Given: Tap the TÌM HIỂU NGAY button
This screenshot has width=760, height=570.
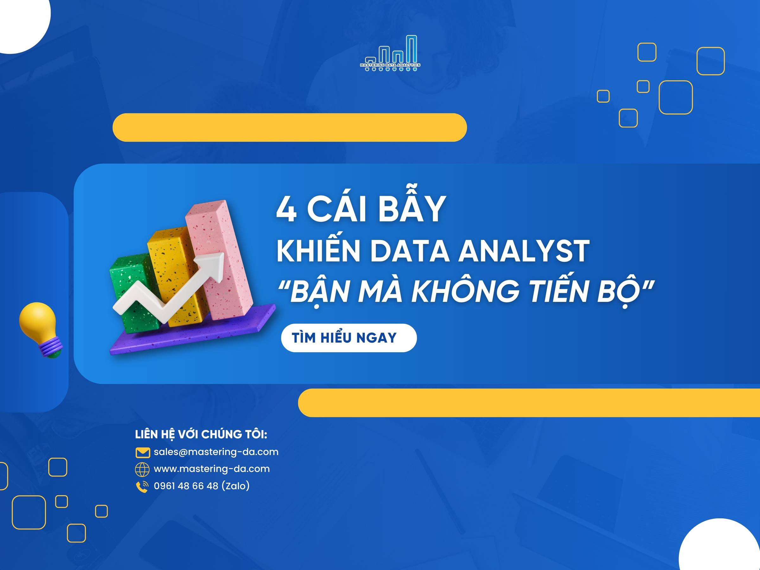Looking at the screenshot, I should pos(348,338).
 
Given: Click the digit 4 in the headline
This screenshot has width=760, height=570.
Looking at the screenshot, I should pos(286,210).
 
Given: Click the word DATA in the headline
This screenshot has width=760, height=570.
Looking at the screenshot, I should pos(409,251).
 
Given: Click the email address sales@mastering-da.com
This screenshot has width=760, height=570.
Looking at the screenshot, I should pos(216,452).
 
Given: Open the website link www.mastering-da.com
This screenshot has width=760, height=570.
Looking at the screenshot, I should pos(212,469).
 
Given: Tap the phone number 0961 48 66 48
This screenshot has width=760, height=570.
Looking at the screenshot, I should pos(186,486).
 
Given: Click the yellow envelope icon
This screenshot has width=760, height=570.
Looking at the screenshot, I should pos(142,453).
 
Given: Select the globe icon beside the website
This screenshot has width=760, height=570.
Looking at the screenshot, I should pos(142,469).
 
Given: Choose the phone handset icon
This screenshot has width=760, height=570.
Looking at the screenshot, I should pos(142,486).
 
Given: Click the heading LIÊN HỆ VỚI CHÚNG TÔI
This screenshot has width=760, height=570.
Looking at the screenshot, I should pos(201,434).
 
